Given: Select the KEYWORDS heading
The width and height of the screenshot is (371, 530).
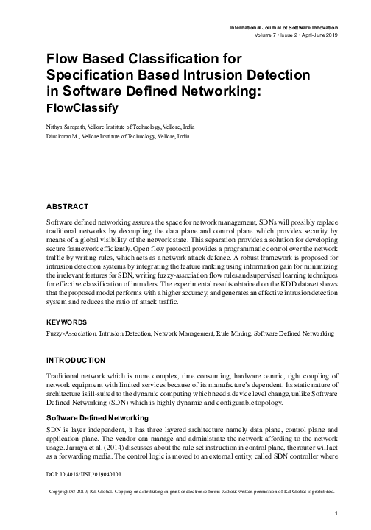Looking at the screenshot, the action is (x=65, y=322).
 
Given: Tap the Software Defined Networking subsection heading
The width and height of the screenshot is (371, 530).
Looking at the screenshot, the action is (x=96, y=417).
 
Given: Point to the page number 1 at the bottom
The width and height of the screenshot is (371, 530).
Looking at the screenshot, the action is (x=334, y=513).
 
